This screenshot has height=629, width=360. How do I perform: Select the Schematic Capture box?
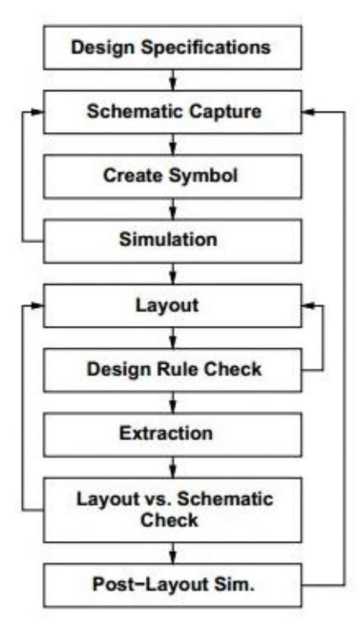[x=174, y=112]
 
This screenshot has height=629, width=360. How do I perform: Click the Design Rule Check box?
[x=174, y=370]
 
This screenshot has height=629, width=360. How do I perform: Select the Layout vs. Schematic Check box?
[x=174, y=510]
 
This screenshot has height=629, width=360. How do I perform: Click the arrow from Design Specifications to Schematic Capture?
[x=175, y=79]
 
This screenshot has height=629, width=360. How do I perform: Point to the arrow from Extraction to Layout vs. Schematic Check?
[x=175, y=466]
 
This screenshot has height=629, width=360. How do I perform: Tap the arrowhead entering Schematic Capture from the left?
[x=38, y=112]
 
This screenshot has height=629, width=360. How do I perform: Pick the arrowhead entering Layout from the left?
[x=38, y=305]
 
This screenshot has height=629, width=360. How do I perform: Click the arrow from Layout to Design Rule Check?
[x=175, y=337]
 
